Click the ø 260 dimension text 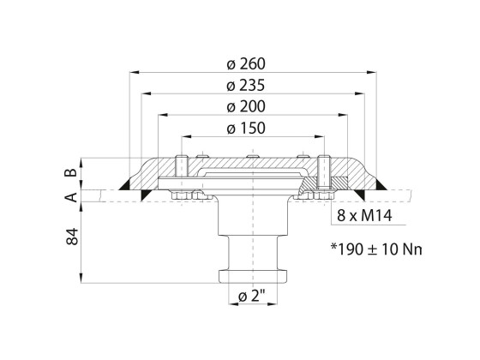[249, 64]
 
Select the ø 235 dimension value [249, 86]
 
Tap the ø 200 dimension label [249, 107]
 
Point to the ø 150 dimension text [249, 129]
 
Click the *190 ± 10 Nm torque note [377, 250]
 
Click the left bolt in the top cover [180, 170]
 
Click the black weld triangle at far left [127, 183]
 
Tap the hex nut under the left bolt [180, 196]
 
